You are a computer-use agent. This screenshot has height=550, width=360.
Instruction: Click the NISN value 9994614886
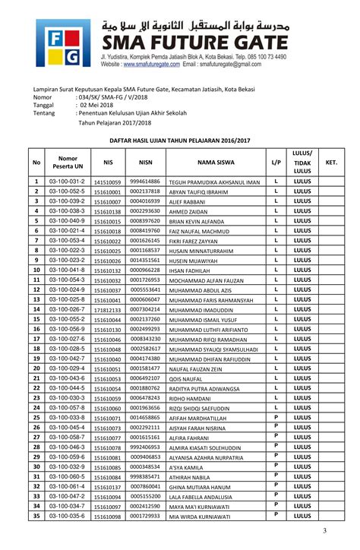pos(145,182)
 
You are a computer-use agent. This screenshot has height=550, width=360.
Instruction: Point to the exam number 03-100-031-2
pos(67,182)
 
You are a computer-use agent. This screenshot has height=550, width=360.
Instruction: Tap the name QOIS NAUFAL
pos(186,378)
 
